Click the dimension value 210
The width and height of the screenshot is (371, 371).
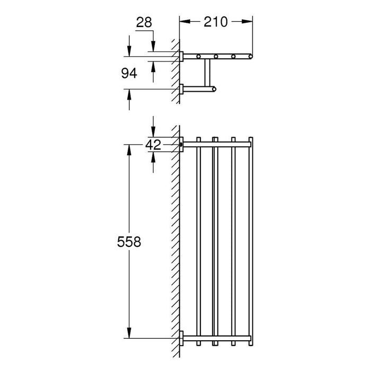216,22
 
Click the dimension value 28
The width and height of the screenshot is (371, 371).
144,22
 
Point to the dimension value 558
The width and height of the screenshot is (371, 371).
129,242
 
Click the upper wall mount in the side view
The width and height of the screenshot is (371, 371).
181,57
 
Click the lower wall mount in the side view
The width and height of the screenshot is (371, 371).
181,89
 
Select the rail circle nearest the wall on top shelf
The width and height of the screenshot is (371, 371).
199,56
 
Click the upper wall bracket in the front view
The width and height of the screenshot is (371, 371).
182,144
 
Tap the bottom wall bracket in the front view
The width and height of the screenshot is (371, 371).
182,338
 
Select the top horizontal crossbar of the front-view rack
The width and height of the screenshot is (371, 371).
217,144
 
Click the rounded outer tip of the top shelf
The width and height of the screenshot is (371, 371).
252,56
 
